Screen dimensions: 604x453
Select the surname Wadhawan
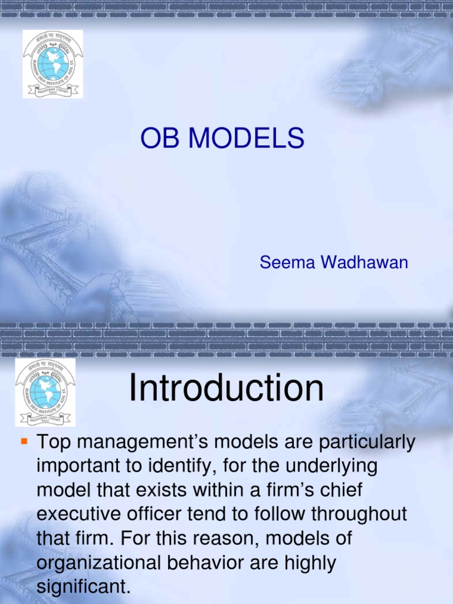tap(364, 262)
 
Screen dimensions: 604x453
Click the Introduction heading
tap(226, 389)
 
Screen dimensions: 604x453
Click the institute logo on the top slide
tap(52, 64)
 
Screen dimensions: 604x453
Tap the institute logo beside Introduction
tap(45, 391)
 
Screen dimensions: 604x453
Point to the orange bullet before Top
tap(24, 441)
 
